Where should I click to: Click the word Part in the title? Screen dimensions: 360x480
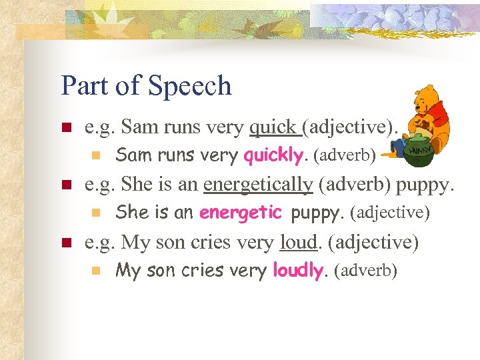[85, 86]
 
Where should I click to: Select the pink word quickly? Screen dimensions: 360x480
[273, 156]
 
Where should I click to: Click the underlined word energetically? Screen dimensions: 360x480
[258, 184]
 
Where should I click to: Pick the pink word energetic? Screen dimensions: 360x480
[241, 213]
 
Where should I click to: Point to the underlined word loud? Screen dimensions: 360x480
[298, 242]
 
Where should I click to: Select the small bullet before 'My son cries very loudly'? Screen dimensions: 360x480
[95, 271]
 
